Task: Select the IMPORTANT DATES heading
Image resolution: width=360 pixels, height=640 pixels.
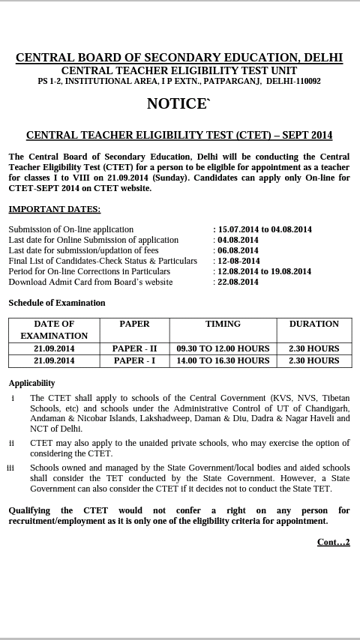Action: (x=54, y=209)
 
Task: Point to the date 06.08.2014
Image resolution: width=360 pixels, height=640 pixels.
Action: (x=238, y=250)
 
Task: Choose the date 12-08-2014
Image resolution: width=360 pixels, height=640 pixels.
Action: (x=238, y=261)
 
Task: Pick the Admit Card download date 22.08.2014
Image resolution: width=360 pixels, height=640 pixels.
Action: (x=238, y=282)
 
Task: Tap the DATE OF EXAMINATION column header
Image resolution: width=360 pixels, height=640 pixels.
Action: (x=54, y=330)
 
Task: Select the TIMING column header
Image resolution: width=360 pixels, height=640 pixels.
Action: (x=223, y=324)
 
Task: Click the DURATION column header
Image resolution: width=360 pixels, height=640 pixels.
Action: (x=313, y=324)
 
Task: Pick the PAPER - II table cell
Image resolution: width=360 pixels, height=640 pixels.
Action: (x=135, y=348)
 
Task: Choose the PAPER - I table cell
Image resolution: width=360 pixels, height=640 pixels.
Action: (x=135, y=360)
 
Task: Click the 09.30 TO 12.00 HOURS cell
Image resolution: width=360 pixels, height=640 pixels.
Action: (x=223, y=348)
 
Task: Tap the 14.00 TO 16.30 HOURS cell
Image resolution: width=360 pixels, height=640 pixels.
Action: (x=223, y=360)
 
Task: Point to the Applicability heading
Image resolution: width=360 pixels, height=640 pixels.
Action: (x=31, y=383)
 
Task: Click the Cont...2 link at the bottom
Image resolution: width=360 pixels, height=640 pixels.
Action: (x=333, y=542)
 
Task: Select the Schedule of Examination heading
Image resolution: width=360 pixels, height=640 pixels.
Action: (x=57, y=303)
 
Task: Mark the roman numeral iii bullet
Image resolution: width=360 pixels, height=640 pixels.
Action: (x=10, y=468)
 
